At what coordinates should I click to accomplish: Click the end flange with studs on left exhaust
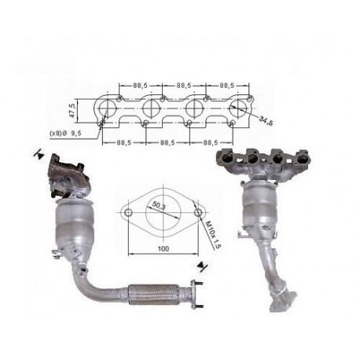pyautogui.click(x=197, y=296)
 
